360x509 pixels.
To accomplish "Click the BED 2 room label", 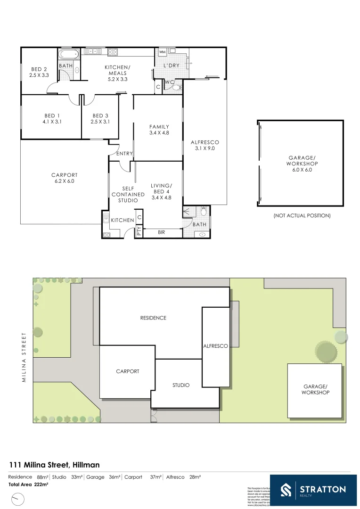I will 39,72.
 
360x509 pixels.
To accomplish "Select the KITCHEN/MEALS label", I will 117,73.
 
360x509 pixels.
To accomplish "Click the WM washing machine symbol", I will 162,52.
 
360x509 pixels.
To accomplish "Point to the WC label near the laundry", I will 170,82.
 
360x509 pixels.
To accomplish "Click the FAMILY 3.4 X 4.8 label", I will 159,130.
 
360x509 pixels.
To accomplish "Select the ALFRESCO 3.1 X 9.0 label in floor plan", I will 205,145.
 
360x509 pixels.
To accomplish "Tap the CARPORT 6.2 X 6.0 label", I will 64,178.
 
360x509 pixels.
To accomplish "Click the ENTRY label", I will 124,154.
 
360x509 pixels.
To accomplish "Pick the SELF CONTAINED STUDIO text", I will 127,194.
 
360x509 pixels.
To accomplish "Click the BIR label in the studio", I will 161,232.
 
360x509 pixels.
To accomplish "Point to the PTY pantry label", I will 139,231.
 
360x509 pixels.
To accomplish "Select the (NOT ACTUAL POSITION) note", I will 302,215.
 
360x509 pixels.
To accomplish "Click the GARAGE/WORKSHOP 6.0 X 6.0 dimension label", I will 302,164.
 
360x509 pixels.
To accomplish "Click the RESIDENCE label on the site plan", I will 153,318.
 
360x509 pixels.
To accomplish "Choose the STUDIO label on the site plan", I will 181,385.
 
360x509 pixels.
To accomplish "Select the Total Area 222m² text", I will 31,484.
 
